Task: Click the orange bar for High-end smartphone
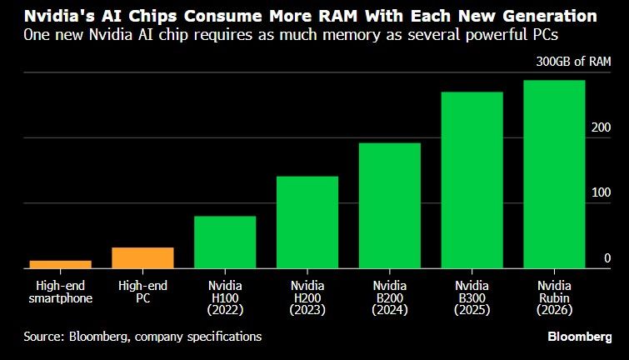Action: (60, 265)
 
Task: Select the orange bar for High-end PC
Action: (142, 258)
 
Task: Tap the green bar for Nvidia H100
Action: (225, 242)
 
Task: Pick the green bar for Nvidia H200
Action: (307, 222)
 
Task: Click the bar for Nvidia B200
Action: (389, 206)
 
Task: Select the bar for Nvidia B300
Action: (472, 180)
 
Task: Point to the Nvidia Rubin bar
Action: (554, 174)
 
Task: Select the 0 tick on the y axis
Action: (607, 258)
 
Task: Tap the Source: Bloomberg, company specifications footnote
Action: (142, 337)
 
